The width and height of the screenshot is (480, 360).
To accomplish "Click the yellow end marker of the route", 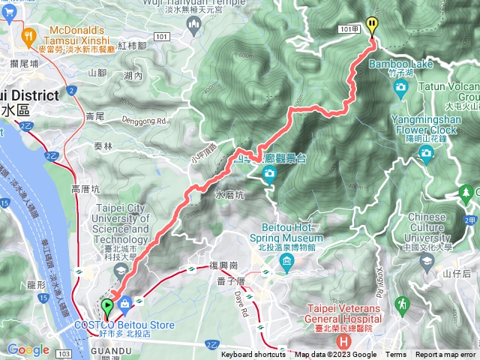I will [x=372, y=25].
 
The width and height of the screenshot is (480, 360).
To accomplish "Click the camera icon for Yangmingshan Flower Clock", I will [x=427, y=154].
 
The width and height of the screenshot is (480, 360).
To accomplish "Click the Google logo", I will [x=28, y=349].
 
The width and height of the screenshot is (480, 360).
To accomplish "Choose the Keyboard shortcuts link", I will [x=253, y=355].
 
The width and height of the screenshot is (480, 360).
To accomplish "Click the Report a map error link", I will [x=445, y=355].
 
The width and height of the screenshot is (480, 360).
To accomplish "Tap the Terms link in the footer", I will [x=396, y=355].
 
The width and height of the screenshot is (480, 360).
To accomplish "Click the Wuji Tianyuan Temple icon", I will [x=194, y=25].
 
